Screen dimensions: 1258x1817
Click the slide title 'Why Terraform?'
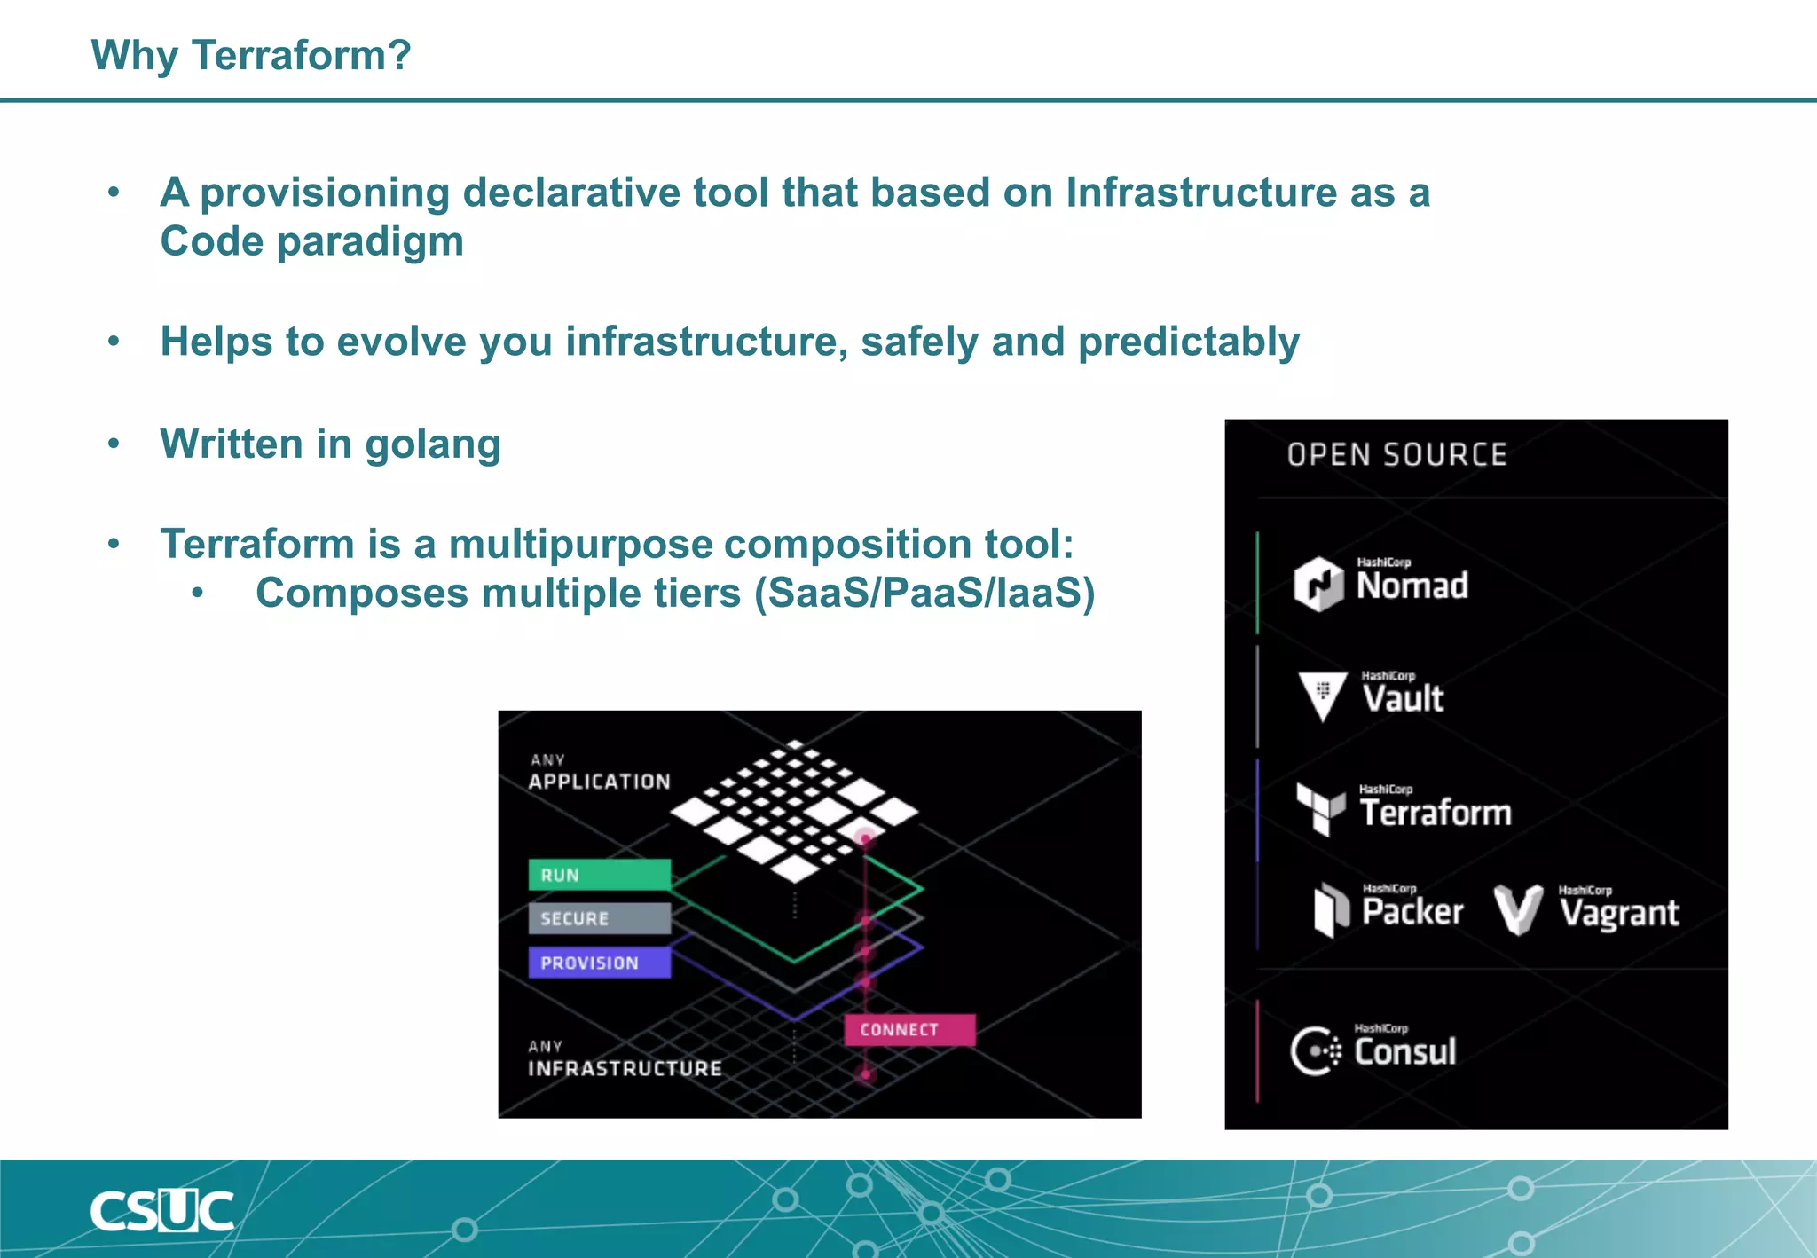pos(251,55)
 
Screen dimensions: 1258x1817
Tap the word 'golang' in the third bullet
pos(433,444)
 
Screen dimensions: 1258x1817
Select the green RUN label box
pos(600,874)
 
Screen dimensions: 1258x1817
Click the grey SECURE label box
pos(600,918)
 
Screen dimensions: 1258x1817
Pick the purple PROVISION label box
pos(600,963)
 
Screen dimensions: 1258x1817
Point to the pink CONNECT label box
pos(909,1030)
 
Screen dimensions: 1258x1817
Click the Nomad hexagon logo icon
pos(1318,584)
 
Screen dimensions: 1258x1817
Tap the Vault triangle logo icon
pos(1322,695)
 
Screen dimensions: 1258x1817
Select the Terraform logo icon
pos(1320,808)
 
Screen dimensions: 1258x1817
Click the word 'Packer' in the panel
pos(1412,912)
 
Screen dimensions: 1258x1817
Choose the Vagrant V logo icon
pos(1518,909)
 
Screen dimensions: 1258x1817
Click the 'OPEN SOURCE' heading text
pos(1397,455)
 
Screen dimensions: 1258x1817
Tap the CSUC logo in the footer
pos(162,1211)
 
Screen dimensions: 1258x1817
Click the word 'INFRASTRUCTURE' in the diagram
pos(625,1068)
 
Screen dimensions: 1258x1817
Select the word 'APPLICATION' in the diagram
pos(600,782)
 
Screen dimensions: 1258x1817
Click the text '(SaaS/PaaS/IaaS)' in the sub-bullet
pos(924,593)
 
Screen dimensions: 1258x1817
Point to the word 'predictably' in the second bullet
pos(1189,342)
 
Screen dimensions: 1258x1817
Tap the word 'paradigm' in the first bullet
pos(370,241)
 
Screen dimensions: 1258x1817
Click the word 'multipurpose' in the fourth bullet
pos(580,544)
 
